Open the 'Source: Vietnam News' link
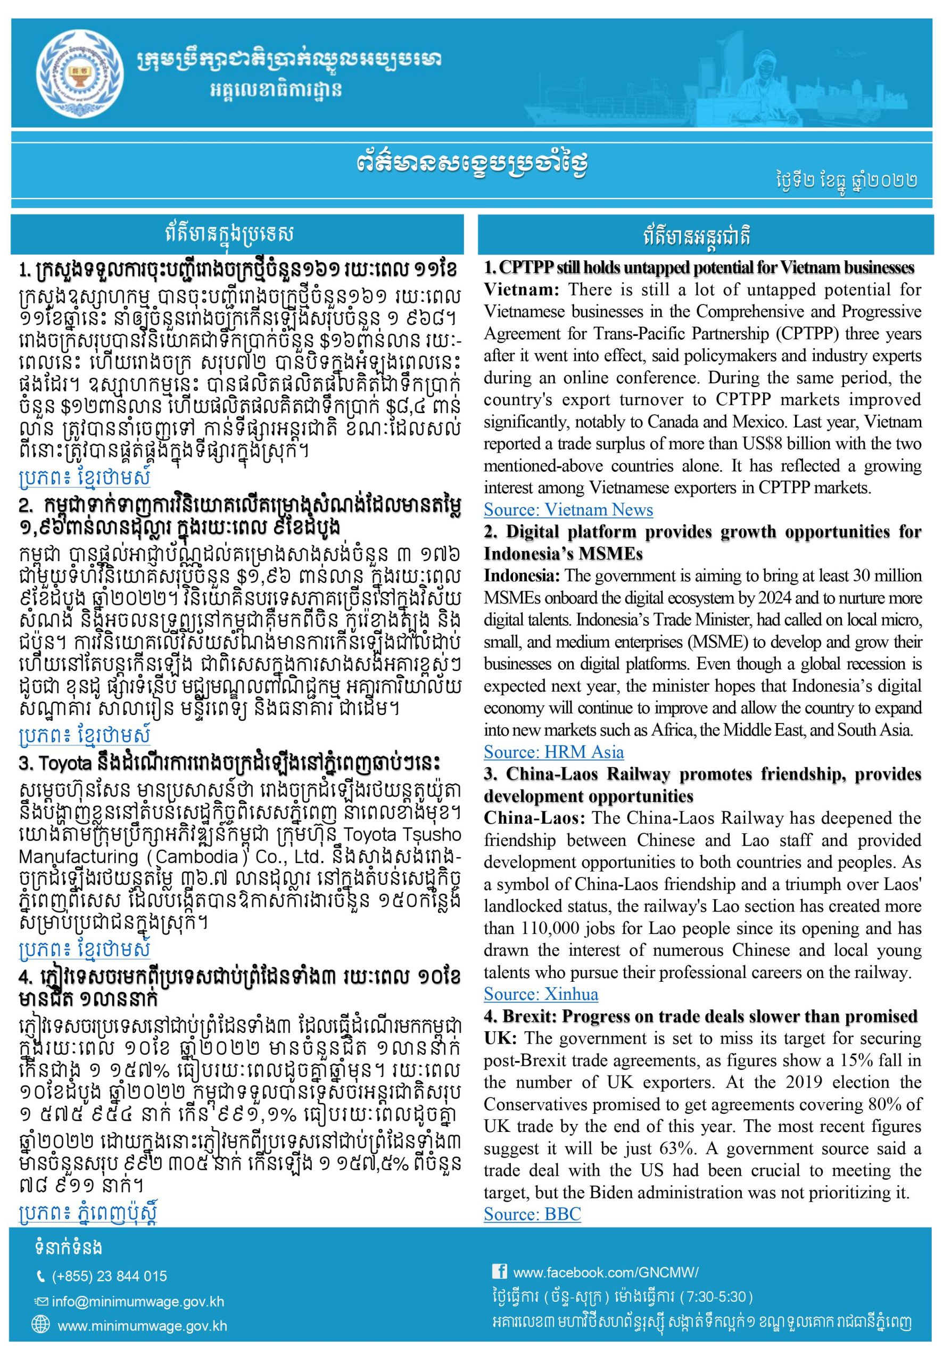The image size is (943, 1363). click(568, 510)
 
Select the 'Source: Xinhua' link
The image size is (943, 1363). click(541, 993)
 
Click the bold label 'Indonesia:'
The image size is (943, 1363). click(522, 575)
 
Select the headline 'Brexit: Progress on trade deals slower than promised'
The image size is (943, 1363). click(709, 1016)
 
